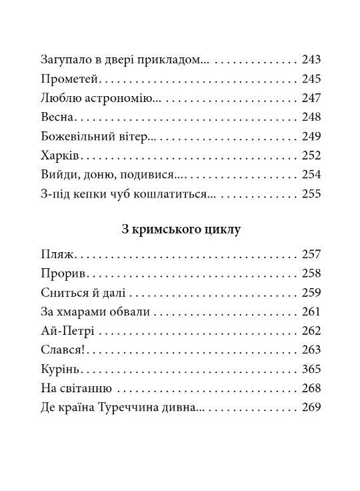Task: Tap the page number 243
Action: point(311,60)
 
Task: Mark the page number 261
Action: point(311,312)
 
